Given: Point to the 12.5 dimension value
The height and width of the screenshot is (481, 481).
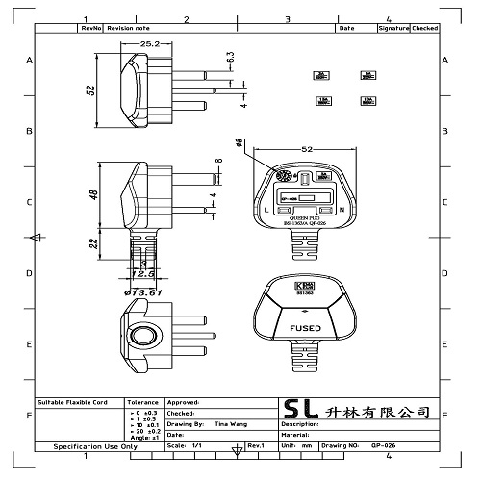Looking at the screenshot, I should click(144, 273).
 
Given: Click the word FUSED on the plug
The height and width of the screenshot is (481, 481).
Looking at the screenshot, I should click(304, 328).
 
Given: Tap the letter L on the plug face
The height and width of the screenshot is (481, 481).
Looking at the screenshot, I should click(266, 209).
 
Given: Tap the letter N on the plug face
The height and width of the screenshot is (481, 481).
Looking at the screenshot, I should click(342, 209).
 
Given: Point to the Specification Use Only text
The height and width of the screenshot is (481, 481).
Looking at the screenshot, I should click(94, 447).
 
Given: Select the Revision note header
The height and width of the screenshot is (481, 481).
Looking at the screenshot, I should click(128, 29).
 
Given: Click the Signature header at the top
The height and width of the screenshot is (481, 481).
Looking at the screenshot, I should click(393, 29).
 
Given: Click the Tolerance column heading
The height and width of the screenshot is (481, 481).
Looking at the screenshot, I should click(143, 402).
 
